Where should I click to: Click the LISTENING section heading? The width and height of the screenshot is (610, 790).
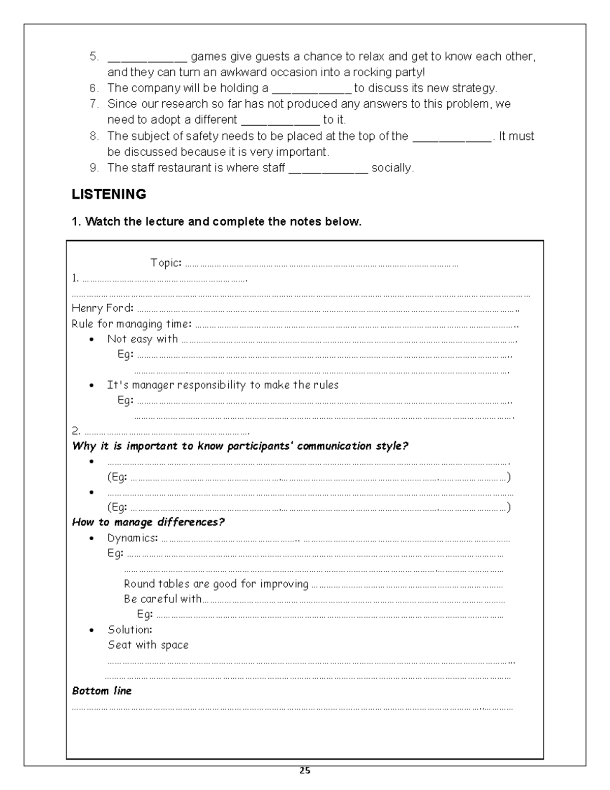pyautogui.click(x=109, y=194)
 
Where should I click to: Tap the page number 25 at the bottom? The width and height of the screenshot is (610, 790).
pyautogui.click(x=304, y=770)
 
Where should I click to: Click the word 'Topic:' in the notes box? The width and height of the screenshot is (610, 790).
pyautogui.click(x=166, y=263)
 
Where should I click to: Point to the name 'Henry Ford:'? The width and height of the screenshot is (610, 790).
pyautogui.click(x=103, y=308)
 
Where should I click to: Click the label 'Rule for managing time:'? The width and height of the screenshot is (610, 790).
pyautogui.click(x=132, y=324)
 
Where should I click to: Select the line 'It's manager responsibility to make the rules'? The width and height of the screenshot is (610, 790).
pyautogui.click(x=223, y=385)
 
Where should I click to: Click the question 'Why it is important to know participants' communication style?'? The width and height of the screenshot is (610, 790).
pyautogui.click(x=240, y=446)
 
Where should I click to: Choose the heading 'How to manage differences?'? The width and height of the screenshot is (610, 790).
pyautogui.click(x=148, y=522)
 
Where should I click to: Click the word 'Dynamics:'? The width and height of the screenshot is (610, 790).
pyautogui.click(x=133, y=538)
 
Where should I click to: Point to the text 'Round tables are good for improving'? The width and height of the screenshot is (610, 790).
pyautogui.click(x=216, y=584)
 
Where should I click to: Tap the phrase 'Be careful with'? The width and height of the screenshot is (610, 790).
pyautogui.click(x=163, y=599)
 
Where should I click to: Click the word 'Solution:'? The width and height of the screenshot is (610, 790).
pyautogui.click(x=130, y=630)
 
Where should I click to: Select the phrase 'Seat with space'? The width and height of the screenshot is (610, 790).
pyautogui.click(x=148, y=645)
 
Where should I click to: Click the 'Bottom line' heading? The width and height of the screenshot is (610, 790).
pyautogui.click(x=102, y=691)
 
